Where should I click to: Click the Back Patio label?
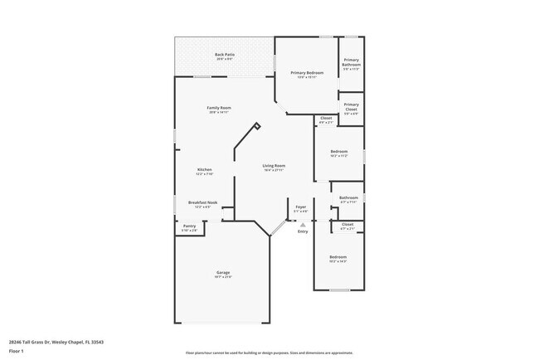tap(225, 55)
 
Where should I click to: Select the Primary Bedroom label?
tap(306, 73)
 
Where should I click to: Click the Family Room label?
tap(219, 108)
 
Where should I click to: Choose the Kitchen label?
tap(204, 169)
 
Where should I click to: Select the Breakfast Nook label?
tap(202, 202)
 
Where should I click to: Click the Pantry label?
tap(189, 226)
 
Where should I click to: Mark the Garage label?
tap(223, 273)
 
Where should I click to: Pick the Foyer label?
tap(301, 207)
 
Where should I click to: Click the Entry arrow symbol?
tap(303, 224)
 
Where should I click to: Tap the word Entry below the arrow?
tap(303, 231)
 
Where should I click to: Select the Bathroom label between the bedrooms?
tap(349, 197)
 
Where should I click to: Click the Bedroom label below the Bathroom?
tap(338, 257)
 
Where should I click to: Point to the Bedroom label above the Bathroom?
tap(338, 151)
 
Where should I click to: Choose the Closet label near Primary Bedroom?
tap(326, 118)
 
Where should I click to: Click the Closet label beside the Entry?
tap(347, 224)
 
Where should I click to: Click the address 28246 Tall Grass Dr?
tap(37, 341)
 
